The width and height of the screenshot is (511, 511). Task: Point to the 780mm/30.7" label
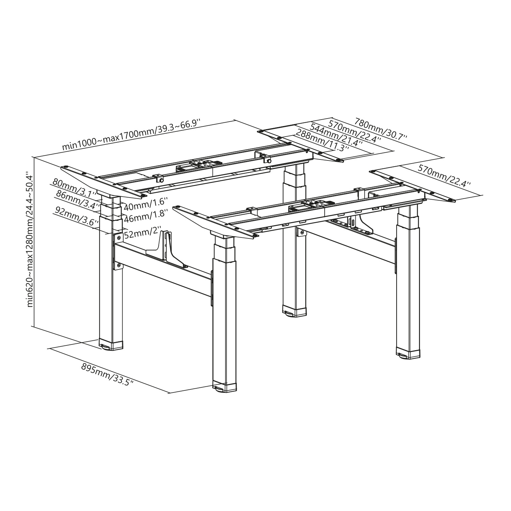[x=381, y=129]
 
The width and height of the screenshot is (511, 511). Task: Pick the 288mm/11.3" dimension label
[x=323, y=141]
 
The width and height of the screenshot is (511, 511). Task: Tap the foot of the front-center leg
[x=224, y=388]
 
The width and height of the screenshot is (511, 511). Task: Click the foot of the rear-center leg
[x=294, y=311]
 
